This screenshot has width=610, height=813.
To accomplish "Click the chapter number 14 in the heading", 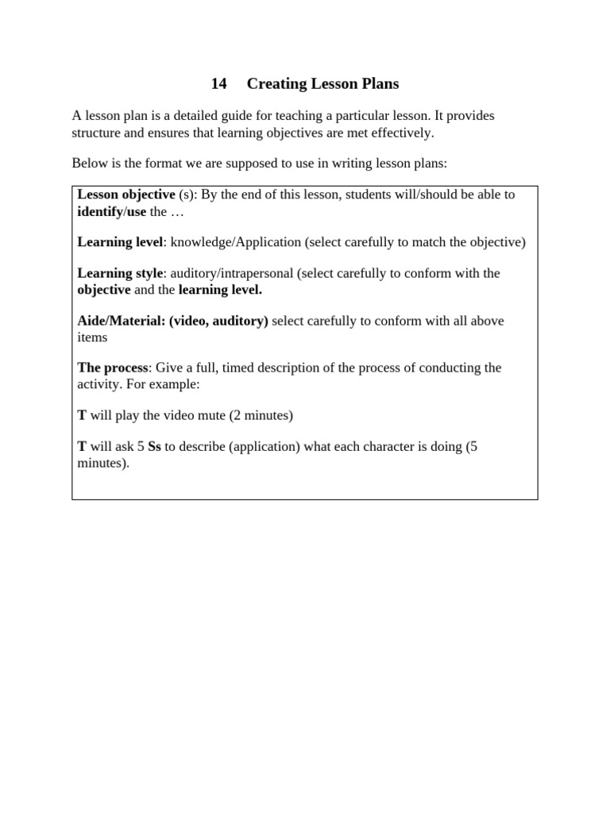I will coord(219,83).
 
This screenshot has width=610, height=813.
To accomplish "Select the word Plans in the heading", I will coord(380,83).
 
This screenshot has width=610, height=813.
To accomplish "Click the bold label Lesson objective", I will coord(126,195).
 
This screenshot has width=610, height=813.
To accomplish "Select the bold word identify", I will coord(99,211).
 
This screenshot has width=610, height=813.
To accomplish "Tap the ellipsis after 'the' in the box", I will coord(177,211).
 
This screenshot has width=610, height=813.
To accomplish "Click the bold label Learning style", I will coord(120,273).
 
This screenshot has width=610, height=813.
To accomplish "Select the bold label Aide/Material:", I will coord(122,321).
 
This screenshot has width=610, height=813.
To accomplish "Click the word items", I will coord(92,337).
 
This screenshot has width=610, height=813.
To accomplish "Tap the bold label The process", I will coord(113,368).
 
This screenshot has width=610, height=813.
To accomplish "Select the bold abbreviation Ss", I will coord(154,446).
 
